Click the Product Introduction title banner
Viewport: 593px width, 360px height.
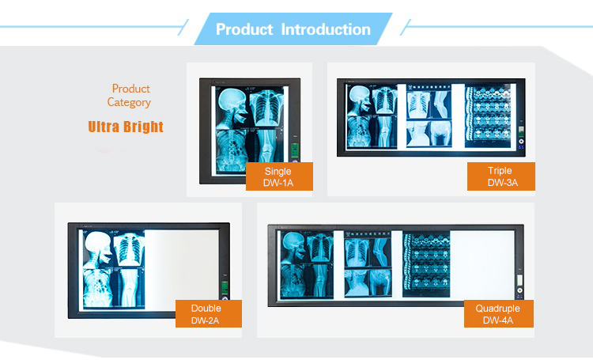(x=293, y=29)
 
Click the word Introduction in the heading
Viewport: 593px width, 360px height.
(x=326, y=29)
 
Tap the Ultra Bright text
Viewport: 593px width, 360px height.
(x=126, y=127)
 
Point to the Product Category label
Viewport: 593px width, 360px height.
(x=130, y=95)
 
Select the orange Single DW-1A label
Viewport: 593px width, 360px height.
(x=278, y=177)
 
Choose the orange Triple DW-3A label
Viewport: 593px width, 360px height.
(x=500, y=177)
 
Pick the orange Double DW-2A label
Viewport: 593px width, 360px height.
(x=206, y=314)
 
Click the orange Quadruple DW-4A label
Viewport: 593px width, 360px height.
(x=498, y=314)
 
